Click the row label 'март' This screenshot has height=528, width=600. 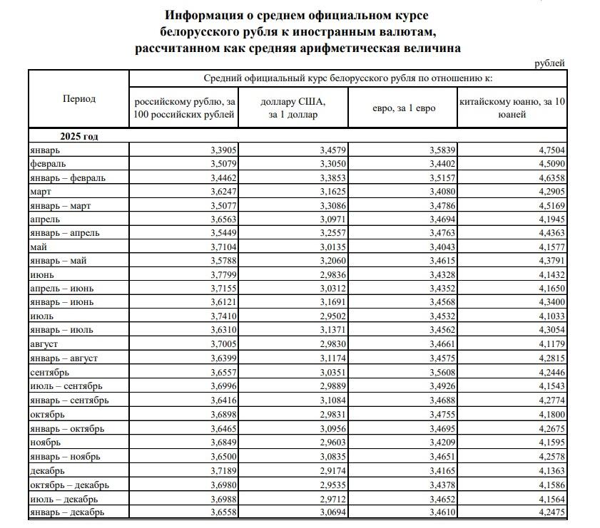tap(41, 192)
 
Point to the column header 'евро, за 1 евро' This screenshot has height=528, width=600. tap(403, 108)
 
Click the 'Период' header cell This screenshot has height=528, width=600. tap(78, 99)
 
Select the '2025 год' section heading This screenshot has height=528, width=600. tap(78, 135)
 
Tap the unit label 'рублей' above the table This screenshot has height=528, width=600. tap(549, 63)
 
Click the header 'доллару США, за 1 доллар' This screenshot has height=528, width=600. tap(293, 108)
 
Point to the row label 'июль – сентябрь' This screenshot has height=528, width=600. tap(63, 385)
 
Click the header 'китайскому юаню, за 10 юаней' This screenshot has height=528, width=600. tap(512, 108)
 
